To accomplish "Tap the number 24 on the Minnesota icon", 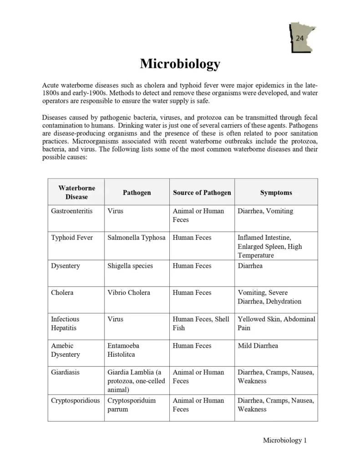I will pyautogui.click(x=299, y=39).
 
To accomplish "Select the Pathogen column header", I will pyautogui.click(x=137, y=192).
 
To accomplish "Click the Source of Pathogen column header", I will pyautogui.click(x=202, y=192).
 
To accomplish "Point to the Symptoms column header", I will pyautogui.click(x=276, y=192).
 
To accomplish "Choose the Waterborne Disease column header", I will pyautogui.click(x=76, y=192).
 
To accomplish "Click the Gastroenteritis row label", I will pyautogui.click(x=71, y=211).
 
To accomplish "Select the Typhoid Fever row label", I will pyautogui.click(x=71, y=238).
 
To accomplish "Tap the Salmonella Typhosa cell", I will pyautogui.click(x=136, y=238).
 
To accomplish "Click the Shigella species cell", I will pyautogui.click(x=130, y=266).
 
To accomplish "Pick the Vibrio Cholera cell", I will pyautogui.click(x=129, y=293).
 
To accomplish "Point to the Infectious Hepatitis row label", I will pyautogui.click(x=65, y=323).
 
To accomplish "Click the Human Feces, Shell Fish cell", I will pyautogui.click(x=201, y=323).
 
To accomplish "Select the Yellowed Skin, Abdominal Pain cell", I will pyautogui.click(x=276, y=323).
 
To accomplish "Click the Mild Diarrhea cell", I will pyautogui.click(x=258, y=346).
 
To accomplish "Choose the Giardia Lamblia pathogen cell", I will pyautogui.click(x=136, y=381).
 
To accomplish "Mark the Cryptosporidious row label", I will pyautogui.click(x=75, y=400).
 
